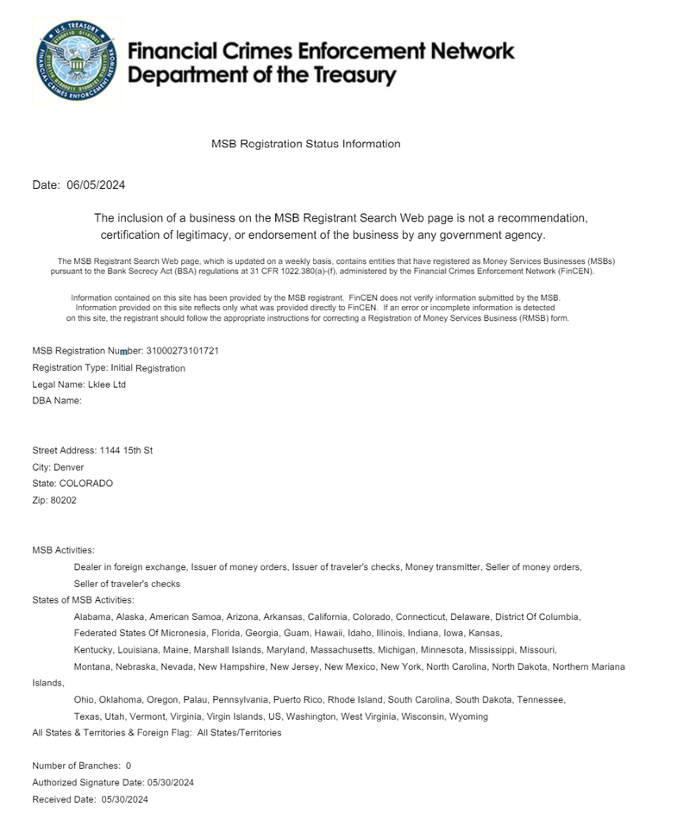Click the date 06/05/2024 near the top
pyautogui.click(x=96, y=185)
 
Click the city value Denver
pyautogui.click(x=69, y=466)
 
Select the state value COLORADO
pyautogui.click(x=85, y=483)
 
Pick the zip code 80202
pyautogui.click(x=64, y=499)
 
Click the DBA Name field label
pyautogui.click(x=56, y=401)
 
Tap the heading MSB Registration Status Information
pyautogui.click(x=305, y=144)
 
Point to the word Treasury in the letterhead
pyautogui.click(x=345, y=75)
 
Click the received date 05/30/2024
pyautogui.click(x=130, y=799)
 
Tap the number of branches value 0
pyautogui.click(x=129, y=766)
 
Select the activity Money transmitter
pyautogui.click(x=442, y=567)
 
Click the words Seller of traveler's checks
pyautogui.click(x=127, y=584)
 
